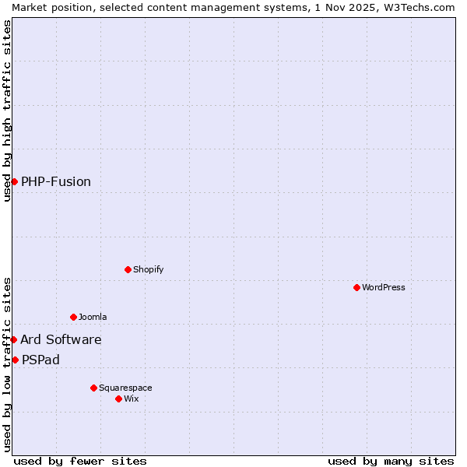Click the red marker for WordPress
[356, 287]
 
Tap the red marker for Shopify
[128, 269]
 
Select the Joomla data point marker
[73, 317]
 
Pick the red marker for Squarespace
[93, 388]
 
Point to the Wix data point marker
[118, 399]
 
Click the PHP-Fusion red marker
[14, 181]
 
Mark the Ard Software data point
[13, 339]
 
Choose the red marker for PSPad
[15, 360]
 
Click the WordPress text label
[384, 287]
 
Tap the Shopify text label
[149, 269]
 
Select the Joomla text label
[93, 317]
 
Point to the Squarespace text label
[125, 388]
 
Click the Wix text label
[132, 399]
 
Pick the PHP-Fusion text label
[56, 181]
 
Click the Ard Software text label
[61, 339]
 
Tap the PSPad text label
[40, 360]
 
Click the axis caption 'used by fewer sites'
[80, 461]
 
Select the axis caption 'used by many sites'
[391, 461]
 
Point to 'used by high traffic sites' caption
[7, 111]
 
